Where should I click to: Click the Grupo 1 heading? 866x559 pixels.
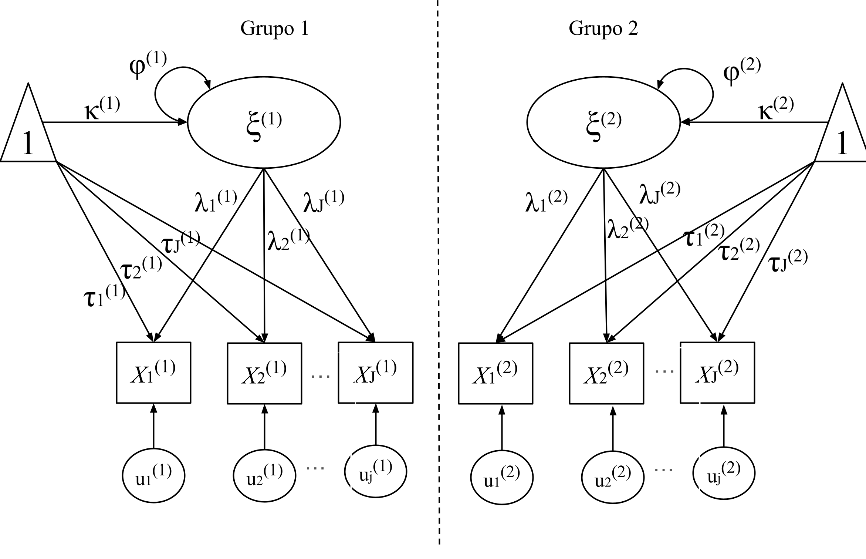tap(274, 28)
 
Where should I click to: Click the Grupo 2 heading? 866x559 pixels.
tap(603, 28)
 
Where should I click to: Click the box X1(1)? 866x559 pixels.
tap(153, 373)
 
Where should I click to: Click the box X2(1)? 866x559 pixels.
tap(264, 373)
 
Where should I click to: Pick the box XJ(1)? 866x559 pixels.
tap(375, 373)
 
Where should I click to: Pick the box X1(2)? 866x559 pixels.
tap(495, 373)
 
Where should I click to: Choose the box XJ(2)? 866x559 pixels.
tap(717, 373)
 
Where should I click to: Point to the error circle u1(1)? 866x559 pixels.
tap(153, 475)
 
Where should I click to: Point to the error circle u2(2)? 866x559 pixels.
tap(613, 477)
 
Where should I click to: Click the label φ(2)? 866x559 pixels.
tap(741, 72)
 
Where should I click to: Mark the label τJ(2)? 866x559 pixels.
tap(788, 261)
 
